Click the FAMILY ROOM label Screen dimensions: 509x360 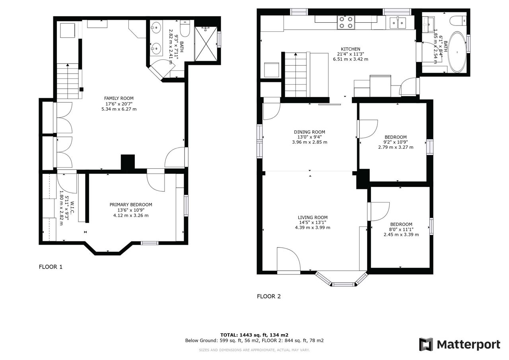click(119, 98)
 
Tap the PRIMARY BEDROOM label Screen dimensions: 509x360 click(131, 205)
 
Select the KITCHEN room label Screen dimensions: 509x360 click(350, 49)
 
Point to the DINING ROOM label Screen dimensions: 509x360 click(309, 132)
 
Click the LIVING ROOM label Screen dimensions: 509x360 click(313, 218)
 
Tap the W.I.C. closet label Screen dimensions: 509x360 click(72, 207)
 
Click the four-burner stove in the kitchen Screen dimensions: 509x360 click(346, 23)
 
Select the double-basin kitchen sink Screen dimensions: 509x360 click(398, 23)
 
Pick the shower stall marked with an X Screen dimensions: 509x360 click(206, 44)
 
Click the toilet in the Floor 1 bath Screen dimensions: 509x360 click(185, 28)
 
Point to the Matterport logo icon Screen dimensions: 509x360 click(426, 344)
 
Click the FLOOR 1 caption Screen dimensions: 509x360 click(51, 267)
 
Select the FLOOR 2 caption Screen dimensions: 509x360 click(269, 296)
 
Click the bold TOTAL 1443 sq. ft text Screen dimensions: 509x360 click(254, 335)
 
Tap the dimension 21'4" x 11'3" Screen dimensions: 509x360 click(351, 54)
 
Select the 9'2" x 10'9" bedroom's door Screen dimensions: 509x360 click(367, 129)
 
